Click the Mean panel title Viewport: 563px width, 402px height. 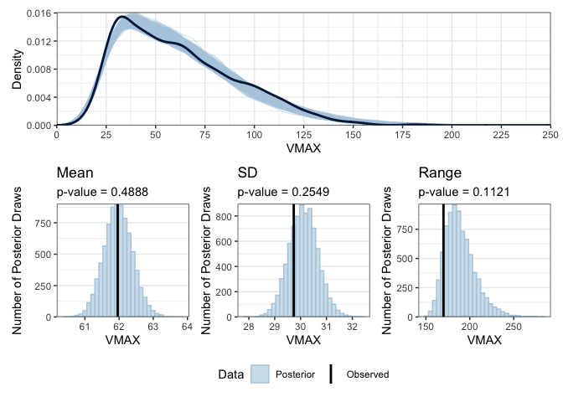pyautogui.click(x=75, y=173)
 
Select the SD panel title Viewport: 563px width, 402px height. pyautogui.click(x=247, y=173)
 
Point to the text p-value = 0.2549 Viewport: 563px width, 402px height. pyautogui.click(x=279, y=192)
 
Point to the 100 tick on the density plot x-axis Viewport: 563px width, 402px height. pyautogui.click(x=254, y=132)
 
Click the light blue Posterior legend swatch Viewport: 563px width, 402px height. pyautogui.click(x=261, y=374)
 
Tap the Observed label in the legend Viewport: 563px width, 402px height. pyautogui.click(x=367, y=374)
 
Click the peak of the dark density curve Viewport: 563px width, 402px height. pyautogui.click(x=122, y=17)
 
